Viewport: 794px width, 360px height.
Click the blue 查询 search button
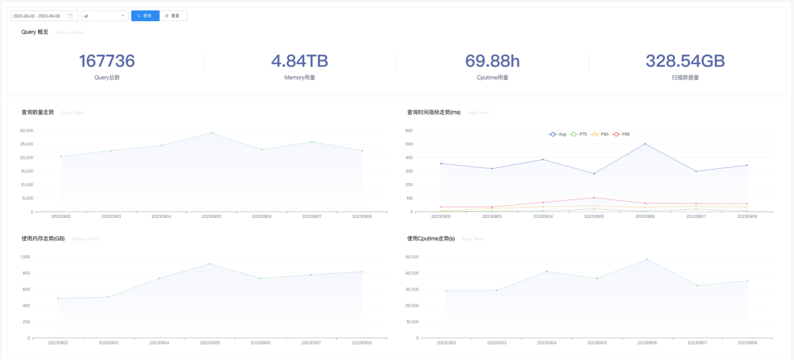pyautogui.click(x=145, y=16)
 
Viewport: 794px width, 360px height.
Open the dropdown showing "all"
pyautogui.click(x=104, y=16)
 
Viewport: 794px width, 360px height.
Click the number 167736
pyautogui.click(x=107, y=61)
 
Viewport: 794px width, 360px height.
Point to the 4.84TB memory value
pyautogui.click(x=300, y=61)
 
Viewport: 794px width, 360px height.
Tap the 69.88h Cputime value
pyautogui.click(x=493, y=61)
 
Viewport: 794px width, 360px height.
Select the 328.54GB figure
pyautogui.click(x=685, y=61)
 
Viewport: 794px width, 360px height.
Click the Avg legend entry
pyautogui.click(x=558, y=134)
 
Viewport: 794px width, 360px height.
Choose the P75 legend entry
pyautogui.click(x=579, y=134)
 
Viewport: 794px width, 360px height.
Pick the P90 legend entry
pyautogui.click(x=600, y=134)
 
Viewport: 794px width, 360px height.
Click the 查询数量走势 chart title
pyautogui.click(x=38, y=112)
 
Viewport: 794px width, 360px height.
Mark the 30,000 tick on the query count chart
pyautogui.click(x=25, y=130)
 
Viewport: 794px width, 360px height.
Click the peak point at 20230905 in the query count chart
pyautogui.click(x=212, y=132)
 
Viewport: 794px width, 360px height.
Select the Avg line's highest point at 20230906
pyautogui.click(x=645, y=144)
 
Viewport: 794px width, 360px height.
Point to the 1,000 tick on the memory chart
pyautogui.click(x=25, y=257)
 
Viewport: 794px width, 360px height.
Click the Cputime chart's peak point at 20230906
pyautogui.click(x=647, y=259)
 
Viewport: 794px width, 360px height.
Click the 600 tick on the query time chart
pyautogui.click(x=409, y=131)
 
